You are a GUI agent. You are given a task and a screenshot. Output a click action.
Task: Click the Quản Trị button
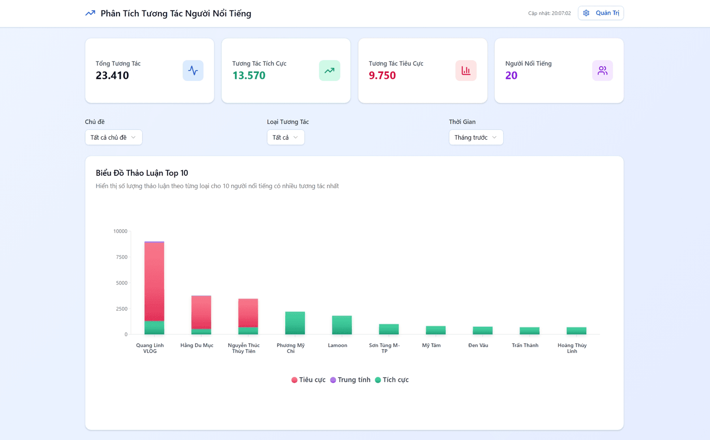tap(601, 13)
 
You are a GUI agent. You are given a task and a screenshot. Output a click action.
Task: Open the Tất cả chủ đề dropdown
tap(114, 137)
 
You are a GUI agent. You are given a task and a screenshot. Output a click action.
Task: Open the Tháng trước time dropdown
tap(476, 137)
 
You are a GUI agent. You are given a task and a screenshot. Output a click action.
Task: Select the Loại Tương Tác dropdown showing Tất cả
tap(286, 137)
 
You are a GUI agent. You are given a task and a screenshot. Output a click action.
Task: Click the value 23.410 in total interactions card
tap(112, 75)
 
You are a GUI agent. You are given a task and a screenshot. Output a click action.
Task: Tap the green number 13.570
tap(249, 75)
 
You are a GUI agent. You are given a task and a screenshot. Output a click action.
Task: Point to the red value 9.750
tap(382, 75)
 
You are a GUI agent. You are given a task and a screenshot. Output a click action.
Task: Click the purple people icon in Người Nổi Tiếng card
tap(602, 71)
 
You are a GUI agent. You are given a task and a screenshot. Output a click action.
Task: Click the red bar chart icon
tap(466, 71)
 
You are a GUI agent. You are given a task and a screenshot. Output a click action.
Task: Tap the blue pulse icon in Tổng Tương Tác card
tap(193, 71)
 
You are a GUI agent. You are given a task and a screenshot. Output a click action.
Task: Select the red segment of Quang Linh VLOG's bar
tap(154, 281)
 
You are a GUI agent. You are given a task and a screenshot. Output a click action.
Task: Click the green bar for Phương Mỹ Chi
tap(295, 323)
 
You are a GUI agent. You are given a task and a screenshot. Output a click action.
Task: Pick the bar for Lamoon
tap(342, 325)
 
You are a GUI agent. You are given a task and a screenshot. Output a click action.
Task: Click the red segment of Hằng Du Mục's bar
tap(201, 312)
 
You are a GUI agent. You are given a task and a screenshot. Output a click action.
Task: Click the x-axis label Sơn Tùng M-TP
tap(384, 348)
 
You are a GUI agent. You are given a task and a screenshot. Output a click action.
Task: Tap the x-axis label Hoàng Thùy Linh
tap(572, 348)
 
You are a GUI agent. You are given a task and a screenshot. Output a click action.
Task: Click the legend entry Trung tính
tap(350, 380)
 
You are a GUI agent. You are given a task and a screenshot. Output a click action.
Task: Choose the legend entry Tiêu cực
tap(308, 380)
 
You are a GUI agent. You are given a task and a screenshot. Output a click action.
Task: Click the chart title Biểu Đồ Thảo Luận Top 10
tap(142, 173)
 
